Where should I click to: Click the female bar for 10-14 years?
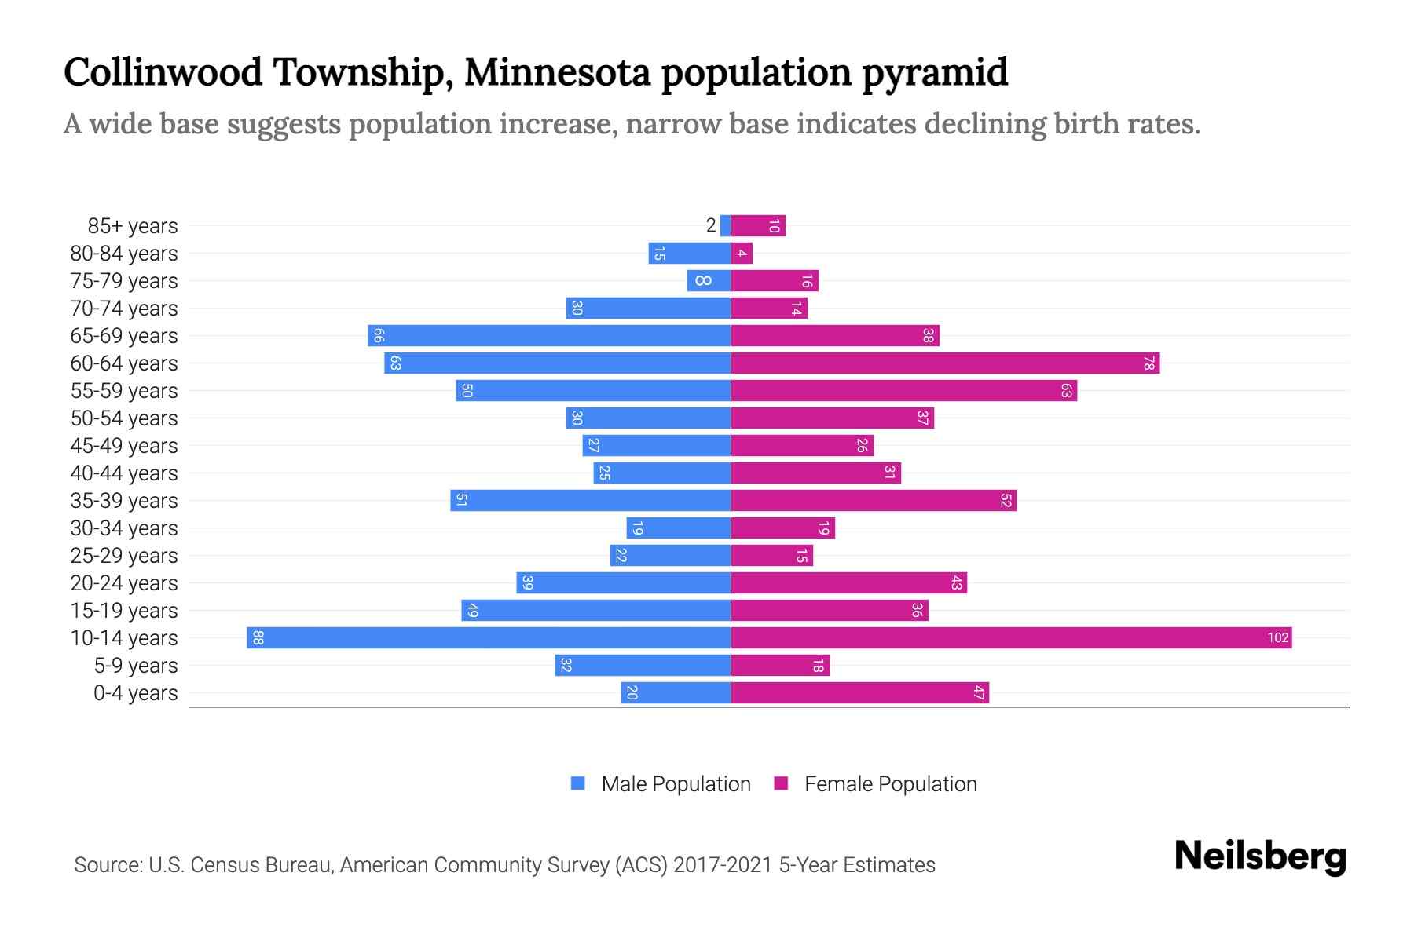(x=1011, y=638)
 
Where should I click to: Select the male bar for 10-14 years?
(x=489, y=638)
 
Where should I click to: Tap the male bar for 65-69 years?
(x=549, y=336)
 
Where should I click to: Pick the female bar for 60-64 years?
(x=945, y=363)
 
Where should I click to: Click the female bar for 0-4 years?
(x=859, y=693)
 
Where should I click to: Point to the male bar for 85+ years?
(x=725, y=226)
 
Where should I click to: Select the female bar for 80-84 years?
(x=742, y=254)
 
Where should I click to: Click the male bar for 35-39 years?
(x=590, y=501)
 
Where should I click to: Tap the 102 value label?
(x=1277, y=638)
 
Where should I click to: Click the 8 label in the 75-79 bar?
(x=703, y=281)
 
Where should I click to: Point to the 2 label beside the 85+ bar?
(x=711, y=226)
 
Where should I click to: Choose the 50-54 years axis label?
(x=124, y=418)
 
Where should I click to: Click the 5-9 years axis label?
(x=135, y=666)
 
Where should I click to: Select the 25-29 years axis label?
(x=124, y=556)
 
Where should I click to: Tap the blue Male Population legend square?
(x=578, y=783)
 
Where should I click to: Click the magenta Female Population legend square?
(x=781, y=783)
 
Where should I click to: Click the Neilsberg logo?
(x=1260, y=856)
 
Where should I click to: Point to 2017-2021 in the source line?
(x=723, y=865)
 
